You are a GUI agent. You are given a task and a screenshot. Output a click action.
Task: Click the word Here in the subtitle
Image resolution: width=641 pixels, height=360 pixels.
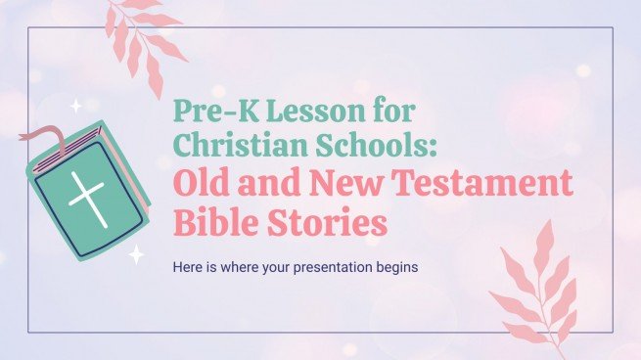coord(189,266)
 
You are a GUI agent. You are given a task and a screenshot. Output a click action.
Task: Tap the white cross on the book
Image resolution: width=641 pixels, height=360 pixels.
coord(87,188)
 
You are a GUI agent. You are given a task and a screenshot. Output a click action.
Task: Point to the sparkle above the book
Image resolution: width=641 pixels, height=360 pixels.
coord(75,106)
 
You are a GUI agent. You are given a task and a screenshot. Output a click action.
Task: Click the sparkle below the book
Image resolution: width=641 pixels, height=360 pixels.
coord(136,255)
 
